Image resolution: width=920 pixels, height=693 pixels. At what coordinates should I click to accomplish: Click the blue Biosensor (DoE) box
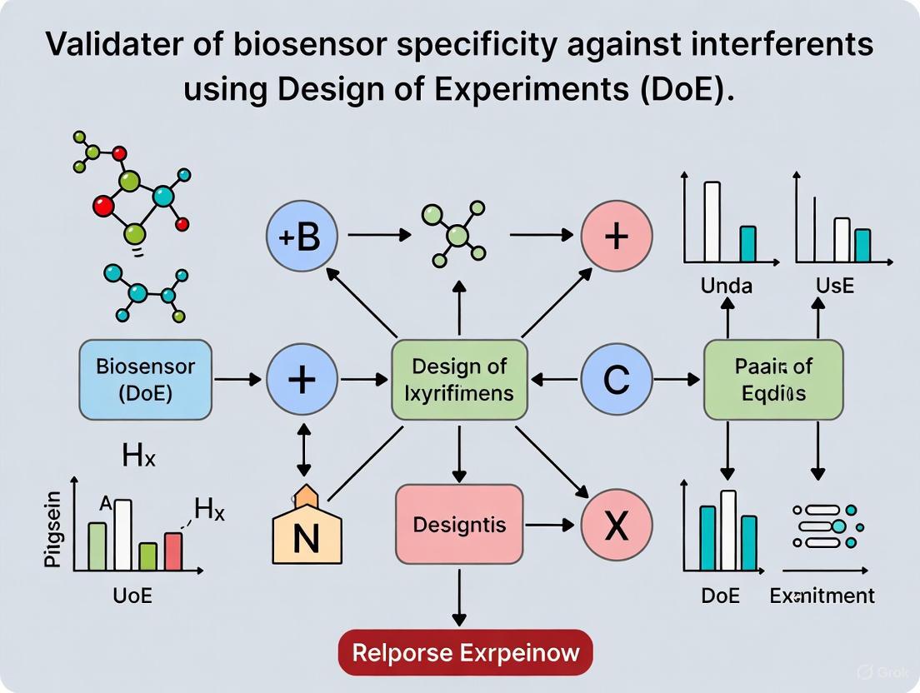(x=146, y=379)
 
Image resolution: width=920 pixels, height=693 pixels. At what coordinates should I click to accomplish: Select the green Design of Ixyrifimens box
(x=459, y=379)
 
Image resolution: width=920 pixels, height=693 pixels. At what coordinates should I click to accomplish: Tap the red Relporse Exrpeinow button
(x=465, y=651)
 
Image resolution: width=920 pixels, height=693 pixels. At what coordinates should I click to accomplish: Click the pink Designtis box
(x=459, y=525)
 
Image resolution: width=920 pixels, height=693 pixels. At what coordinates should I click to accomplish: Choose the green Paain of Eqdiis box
(x=773, y=379)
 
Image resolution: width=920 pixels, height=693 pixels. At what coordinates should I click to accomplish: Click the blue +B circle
(x=302, y=237)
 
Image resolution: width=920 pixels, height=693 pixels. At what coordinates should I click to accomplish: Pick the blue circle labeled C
(x=616, y=380)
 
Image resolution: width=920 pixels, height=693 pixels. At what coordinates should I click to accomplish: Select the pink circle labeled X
(x=616, y=526)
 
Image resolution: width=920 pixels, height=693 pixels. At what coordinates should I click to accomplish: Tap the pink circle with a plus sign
(x=616, y=237)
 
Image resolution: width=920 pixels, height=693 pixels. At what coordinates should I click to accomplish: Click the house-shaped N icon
(x=307, y=529)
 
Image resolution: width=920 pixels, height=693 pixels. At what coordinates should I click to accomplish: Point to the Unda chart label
(x=726, y=287)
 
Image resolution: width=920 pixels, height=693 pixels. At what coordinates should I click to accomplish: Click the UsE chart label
(x=835, y=287)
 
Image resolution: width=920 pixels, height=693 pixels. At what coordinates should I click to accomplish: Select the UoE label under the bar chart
(x=133, y=596)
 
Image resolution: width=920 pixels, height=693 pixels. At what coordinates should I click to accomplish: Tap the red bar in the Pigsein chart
(x=173, y=551)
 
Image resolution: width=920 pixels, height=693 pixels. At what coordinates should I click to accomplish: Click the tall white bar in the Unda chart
(x=712, y=222)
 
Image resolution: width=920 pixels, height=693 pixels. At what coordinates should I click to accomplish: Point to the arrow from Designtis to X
(x=550, y=526)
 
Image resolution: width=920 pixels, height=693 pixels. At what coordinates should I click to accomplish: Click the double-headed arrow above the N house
(x=302, y=449)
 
